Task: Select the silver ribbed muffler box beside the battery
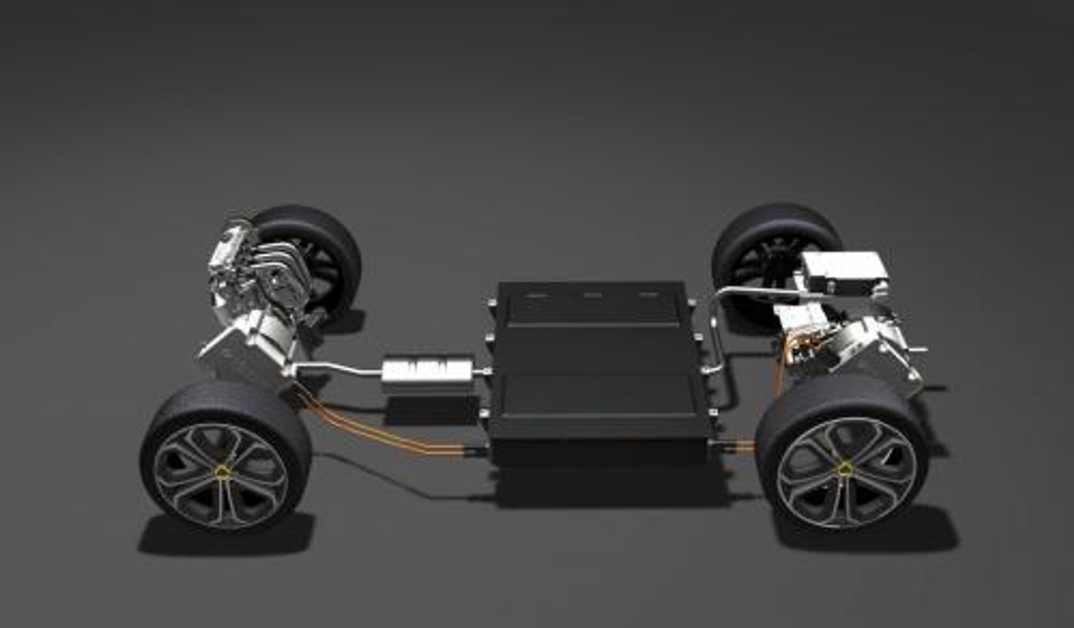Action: [428, 369]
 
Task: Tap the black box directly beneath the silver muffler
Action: [431, 409]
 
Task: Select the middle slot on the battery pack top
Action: [592, 296]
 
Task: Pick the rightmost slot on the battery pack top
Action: [649, 296]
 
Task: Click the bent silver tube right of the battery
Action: [716, 343]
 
